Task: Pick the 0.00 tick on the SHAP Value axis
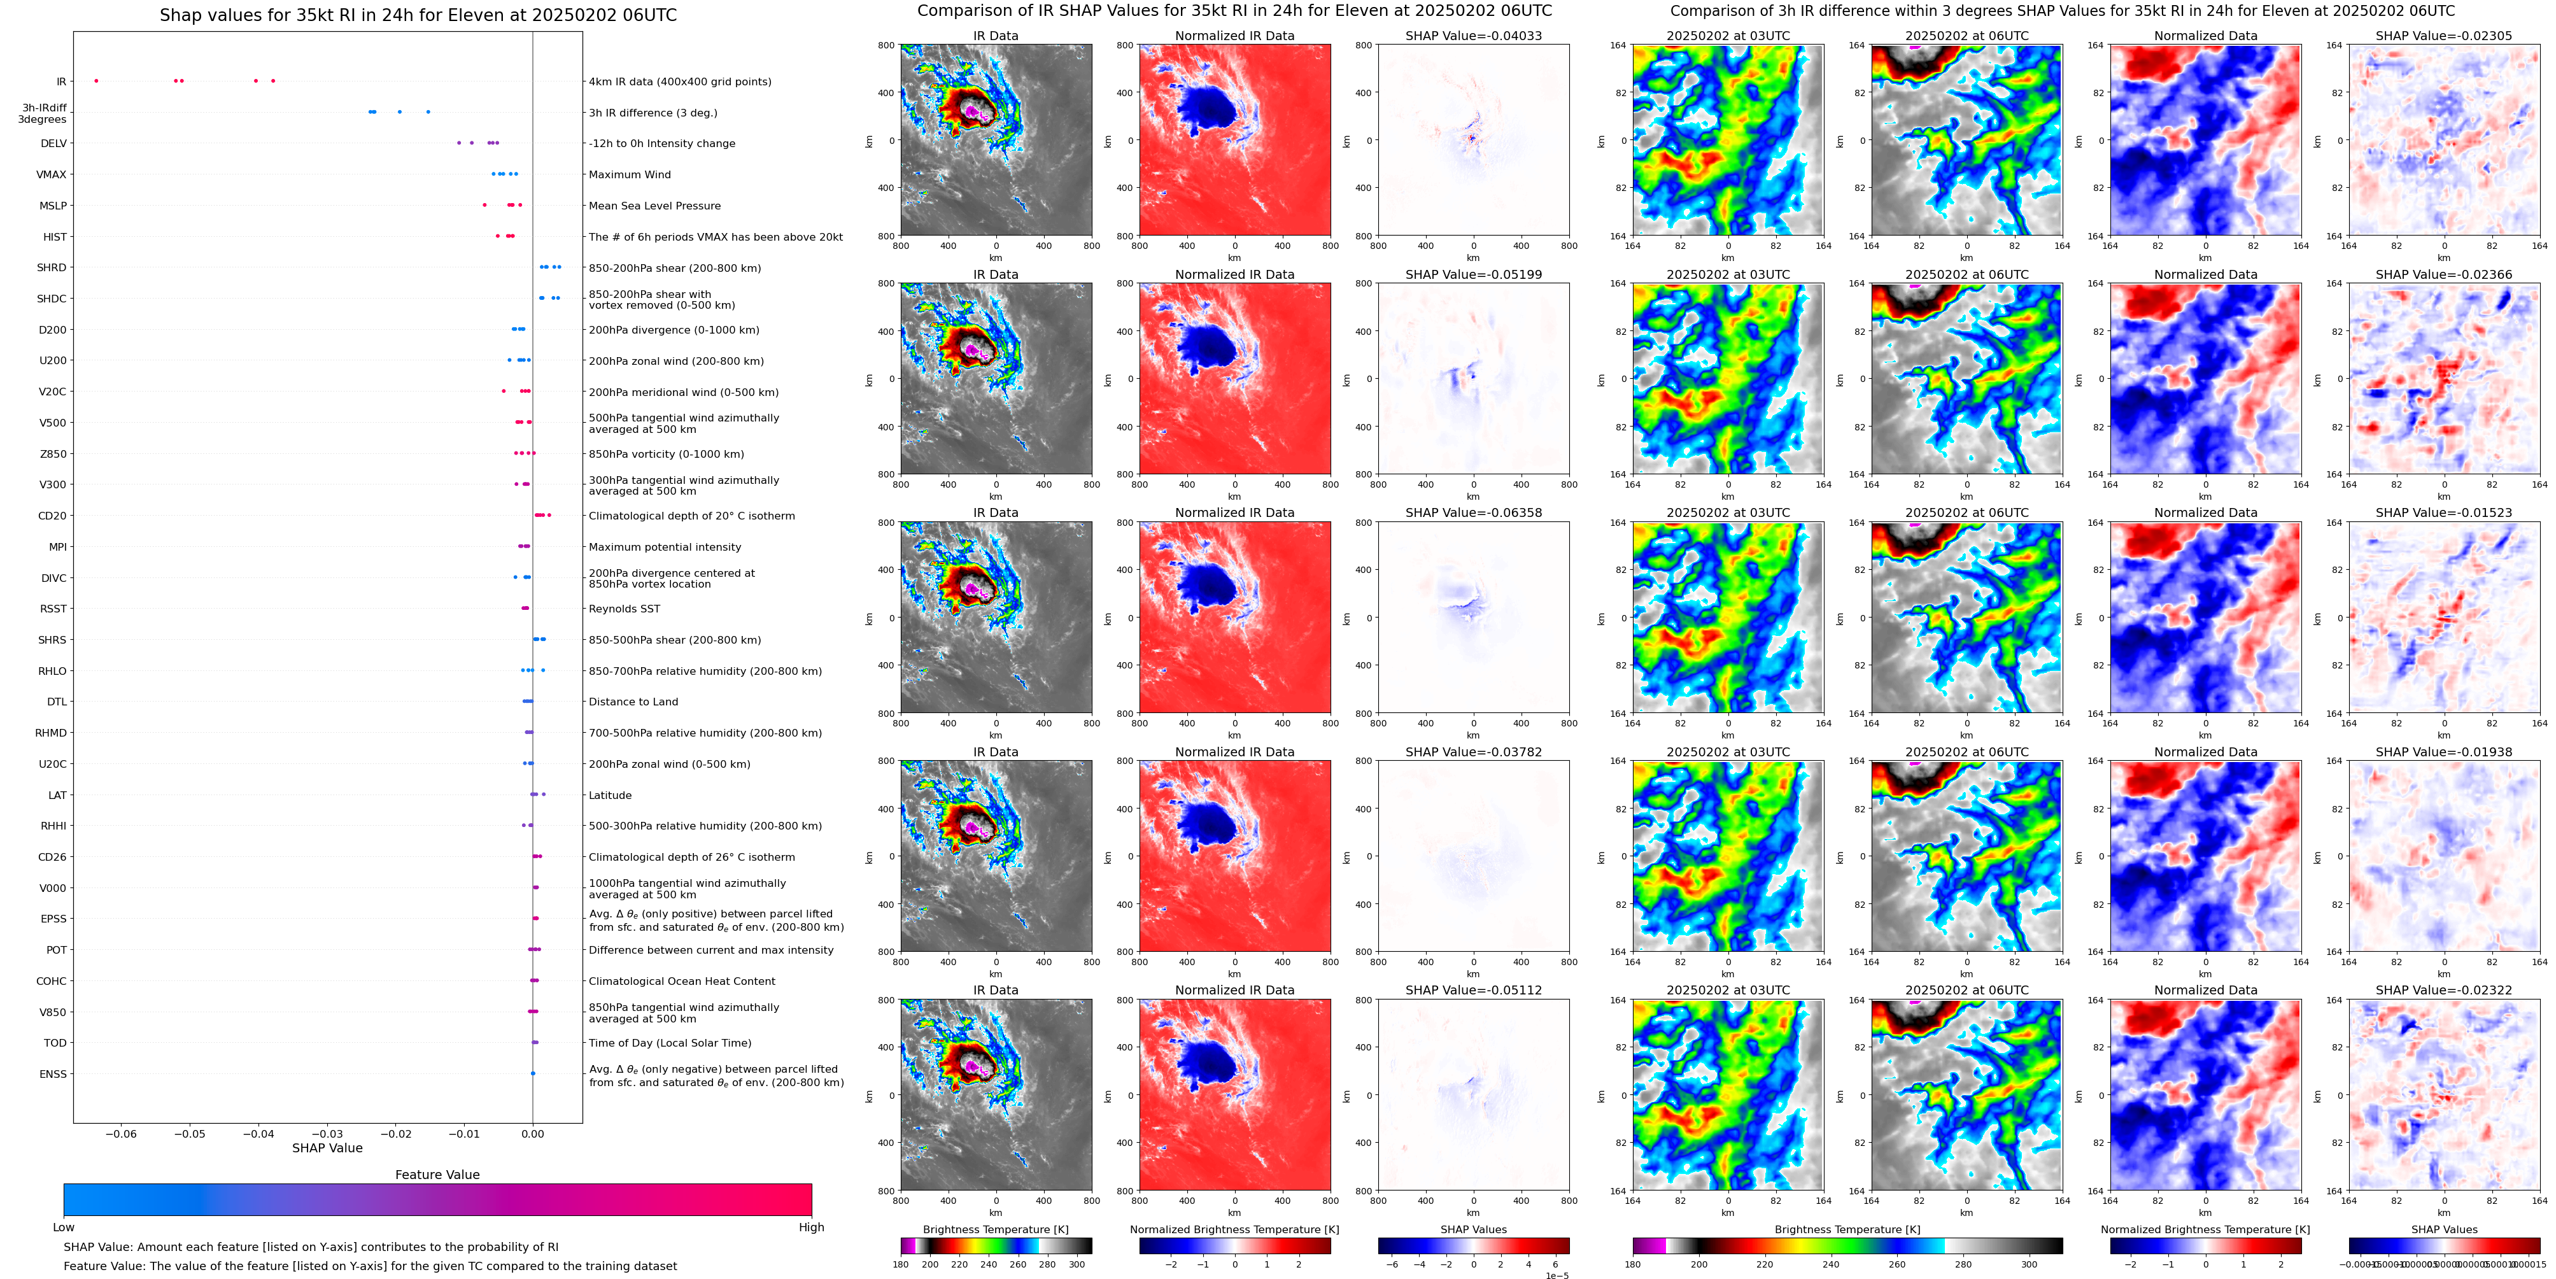coord(533,1134)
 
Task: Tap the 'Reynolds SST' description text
coord(624,609)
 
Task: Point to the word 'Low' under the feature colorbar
coord(64,1227)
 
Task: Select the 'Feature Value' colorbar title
coord(437,1175)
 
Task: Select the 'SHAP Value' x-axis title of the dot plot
coord(327,1148)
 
